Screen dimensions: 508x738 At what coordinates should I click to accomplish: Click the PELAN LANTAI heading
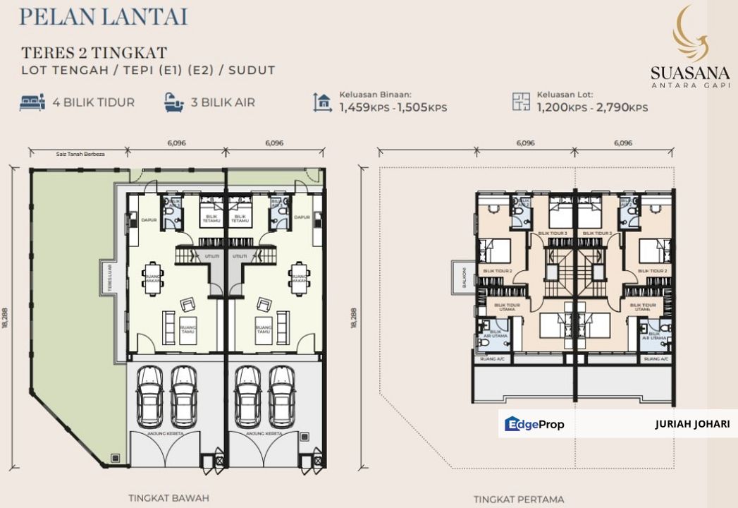[104, 17]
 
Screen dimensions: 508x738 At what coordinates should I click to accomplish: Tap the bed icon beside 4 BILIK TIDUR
[32, 102]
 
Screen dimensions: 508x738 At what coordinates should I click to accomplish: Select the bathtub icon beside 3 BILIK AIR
[173, 102]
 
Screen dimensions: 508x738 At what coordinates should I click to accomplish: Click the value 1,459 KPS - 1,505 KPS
[393, 108]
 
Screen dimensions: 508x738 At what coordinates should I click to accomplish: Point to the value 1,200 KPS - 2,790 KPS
[591, 108]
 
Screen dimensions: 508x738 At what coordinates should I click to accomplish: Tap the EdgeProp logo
[534, 424]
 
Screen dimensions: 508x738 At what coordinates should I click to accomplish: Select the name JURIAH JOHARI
[691, 425]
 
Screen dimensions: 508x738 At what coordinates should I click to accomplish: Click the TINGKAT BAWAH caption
[168, 497]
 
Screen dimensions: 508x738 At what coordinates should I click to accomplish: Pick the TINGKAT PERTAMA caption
[518, 499]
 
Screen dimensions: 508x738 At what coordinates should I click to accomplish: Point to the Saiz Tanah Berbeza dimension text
[80, 154]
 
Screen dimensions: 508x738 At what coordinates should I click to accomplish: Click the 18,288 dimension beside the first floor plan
[353, 317]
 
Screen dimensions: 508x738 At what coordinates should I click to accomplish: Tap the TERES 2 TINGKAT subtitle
[94, 53]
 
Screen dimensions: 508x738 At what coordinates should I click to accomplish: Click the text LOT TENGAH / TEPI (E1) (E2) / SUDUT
[148, 70]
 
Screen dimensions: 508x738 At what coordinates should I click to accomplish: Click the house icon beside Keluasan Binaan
[324, 103]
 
